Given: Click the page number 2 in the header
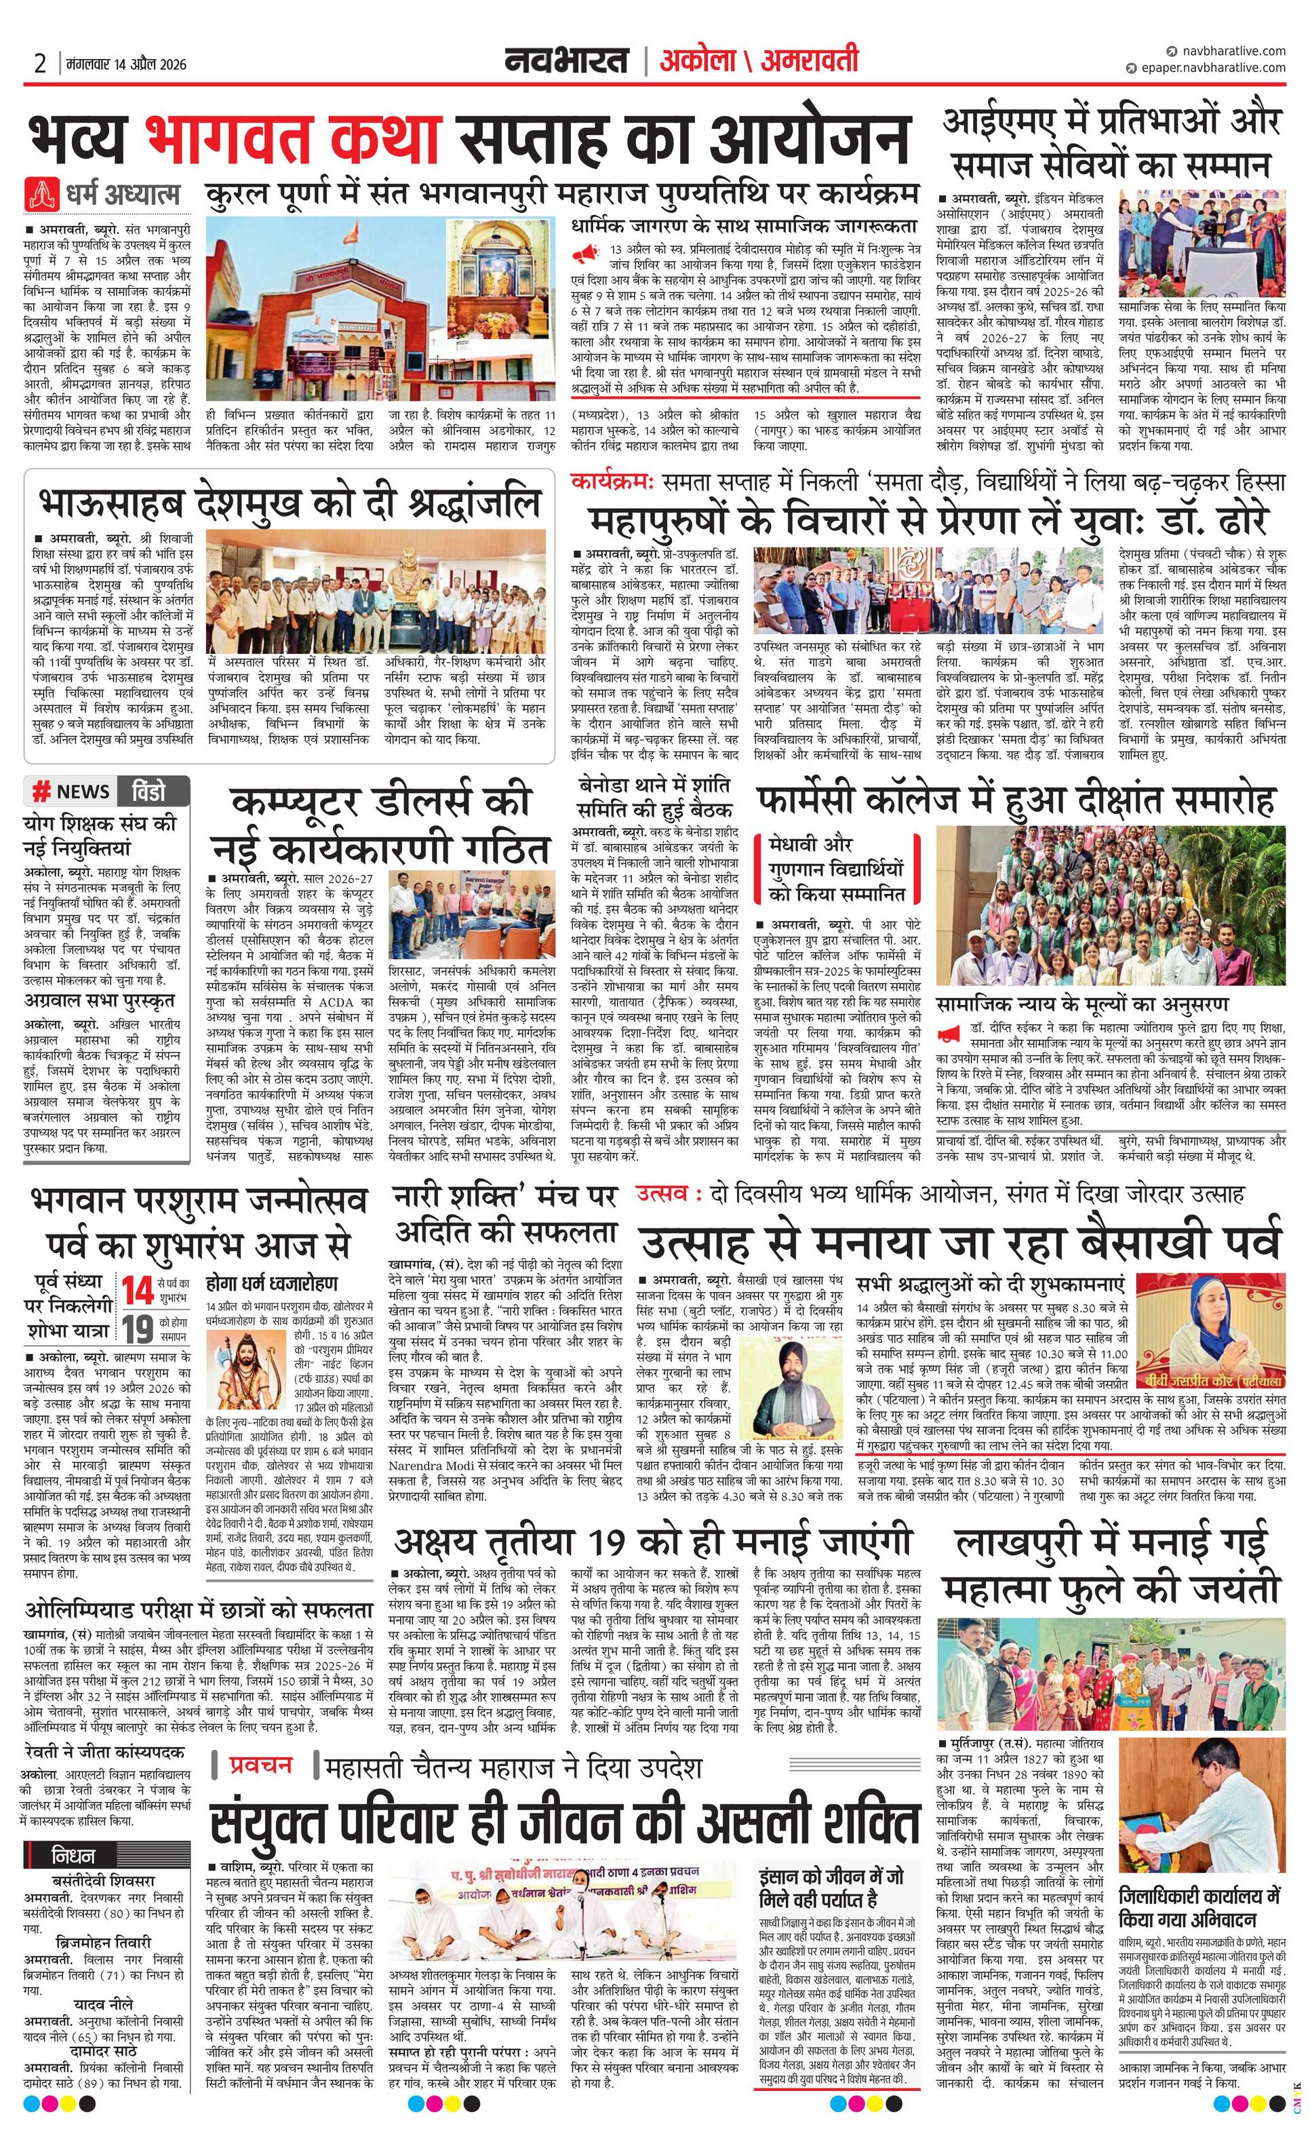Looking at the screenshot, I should [x=39, y=63].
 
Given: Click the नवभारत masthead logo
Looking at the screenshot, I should [x=567, y=60].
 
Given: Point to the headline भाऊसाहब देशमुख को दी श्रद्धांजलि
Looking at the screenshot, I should [x=289, y=503].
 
